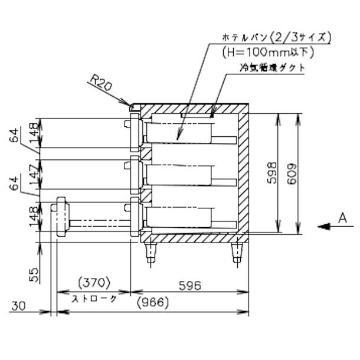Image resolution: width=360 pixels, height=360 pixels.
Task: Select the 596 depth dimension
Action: coord(188,285)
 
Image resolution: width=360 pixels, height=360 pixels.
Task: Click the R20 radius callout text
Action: coord(102,82)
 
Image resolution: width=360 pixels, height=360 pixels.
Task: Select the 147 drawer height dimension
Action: coord(33,175)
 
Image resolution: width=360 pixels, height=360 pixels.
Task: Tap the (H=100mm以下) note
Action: coord(268,51)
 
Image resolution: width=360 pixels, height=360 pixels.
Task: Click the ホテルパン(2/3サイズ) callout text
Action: coord(276,37)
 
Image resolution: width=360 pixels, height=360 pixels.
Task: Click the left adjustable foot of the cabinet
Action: coord(152,254)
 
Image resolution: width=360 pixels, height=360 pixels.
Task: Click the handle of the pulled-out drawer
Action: coord(60,217)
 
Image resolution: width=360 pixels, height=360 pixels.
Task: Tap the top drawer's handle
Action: coord(127,125)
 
